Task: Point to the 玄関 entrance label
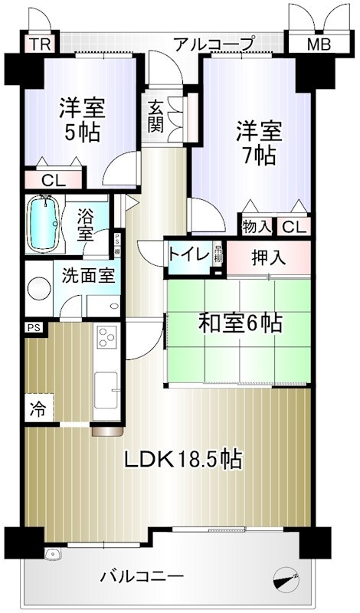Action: [155, 114]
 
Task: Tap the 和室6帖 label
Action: [241, 323]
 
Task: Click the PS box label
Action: [33, 327]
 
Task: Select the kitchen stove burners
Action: [106, 337]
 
